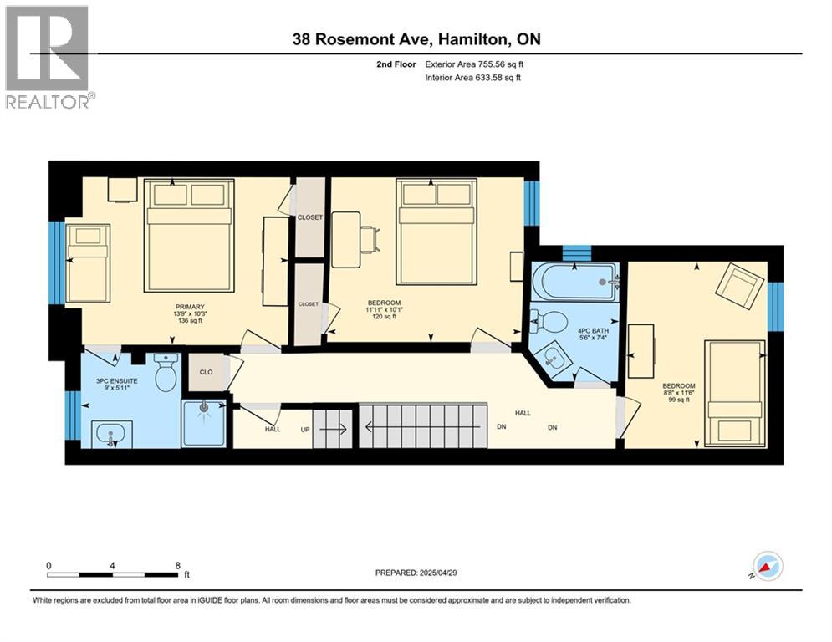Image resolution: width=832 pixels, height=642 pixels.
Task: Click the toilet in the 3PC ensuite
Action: [x=166, y=373]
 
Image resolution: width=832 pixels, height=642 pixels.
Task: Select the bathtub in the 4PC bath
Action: [x=575, y=283]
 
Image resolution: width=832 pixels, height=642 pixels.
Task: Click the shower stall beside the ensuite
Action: [x=204, y=423]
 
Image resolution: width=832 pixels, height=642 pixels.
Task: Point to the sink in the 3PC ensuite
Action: [x=111, y=434]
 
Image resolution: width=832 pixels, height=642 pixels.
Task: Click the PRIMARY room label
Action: [x=190, y=307]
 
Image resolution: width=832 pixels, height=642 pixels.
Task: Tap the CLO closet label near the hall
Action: [x=206, y=372]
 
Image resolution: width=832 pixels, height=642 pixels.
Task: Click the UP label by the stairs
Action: [x=305, y=429]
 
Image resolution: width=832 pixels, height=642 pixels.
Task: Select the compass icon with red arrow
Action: [x=768, y=566]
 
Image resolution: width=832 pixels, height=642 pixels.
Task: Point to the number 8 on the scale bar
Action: [x=178, y=566]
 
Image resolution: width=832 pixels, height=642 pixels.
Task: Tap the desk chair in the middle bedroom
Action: [x=371, y=239]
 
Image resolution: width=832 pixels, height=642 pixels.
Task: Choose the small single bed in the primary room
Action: [x=88, y=263]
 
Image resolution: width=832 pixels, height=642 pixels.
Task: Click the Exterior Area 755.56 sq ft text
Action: [x=474, y=64]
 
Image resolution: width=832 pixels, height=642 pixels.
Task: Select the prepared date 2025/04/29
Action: [x=438, y=573]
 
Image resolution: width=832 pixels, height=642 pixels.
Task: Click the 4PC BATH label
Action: [x=593, y=330]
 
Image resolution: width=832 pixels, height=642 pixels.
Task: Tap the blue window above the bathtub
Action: [x=576, y=253]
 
